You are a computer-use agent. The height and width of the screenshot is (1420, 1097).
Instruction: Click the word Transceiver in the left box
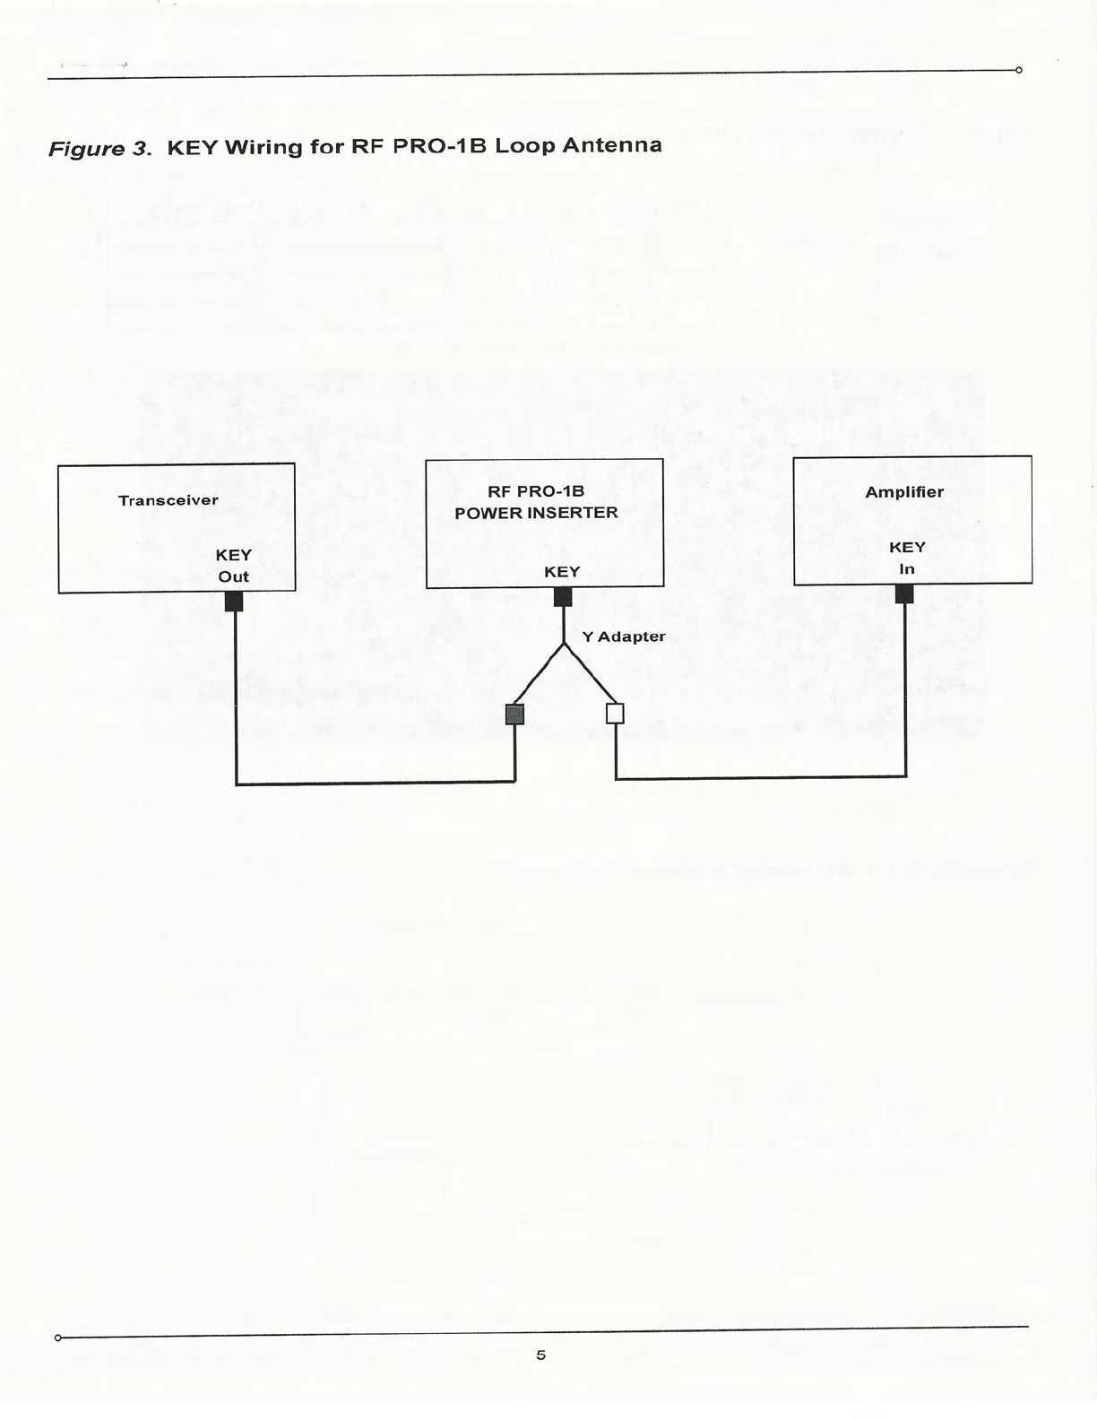pyautogui.click(x=168, y=500)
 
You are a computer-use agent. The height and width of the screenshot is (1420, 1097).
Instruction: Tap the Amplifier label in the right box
pyautogui.click(x=904, y=492)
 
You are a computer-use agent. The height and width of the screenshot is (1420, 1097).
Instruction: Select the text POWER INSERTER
pyautogui.click(x=536, y=514)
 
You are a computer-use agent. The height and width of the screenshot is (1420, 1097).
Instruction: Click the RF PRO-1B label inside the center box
pyautogui.click(x=536, y=491)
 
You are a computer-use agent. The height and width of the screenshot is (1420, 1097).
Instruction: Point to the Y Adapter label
pyautogui.click(x=624, y=636)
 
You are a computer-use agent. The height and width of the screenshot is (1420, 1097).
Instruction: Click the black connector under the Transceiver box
pyautogui.click(x=234, y=602)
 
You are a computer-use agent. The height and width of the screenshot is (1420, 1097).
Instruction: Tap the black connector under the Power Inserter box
pyautogui.click(x=563, y=597)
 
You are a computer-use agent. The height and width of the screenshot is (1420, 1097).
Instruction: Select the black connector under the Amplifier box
pyautogui.click(x=904, y=593)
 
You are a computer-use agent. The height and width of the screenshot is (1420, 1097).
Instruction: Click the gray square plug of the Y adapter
pyautogui.click(x=514, y=714)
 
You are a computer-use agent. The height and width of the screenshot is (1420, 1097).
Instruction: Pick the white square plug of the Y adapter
pyautogui.click(x=615, y=714)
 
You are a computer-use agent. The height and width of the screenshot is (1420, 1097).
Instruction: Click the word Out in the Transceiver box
pyautogui.click(x=233, y=576)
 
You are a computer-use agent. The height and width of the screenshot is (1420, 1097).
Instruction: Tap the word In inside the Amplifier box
pyautogui.click(x=907, y=569)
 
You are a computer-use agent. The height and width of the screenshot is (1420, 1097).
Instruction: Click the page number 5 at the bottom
pyautogui.click(x=540, y=1355)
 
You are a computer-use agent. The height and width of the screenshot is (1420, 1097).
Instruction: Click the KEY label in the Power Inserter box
pyautogui.click(x=562, y=572)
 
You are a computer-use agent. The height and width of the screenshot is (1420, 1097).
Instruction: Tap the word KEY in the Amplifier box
pyautogui.click(x=907, y=548)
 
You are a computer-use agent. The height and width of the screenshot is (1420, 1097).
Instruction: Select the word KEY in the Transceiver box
pyautogui.click(x=233, y=555)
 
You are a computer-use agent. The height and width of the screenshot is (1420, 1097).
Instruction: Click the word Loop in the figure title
pyautogui.click(x=523, y=146)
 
